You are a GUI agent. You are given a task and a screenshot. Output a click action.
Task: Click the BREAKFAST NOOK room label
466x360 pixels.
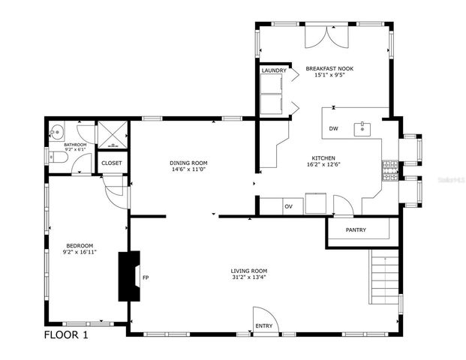coord(329,68)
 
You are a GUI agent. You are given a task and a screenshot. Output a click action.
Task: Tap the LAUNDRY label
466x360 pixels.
coord(273,70)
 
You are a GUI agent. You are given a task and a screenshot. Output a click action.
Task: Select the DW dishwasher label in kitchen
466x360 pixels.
coord(333,129)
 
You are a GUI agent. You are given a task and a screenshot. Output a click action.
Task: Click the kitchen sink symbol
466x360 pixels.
coord(364,128)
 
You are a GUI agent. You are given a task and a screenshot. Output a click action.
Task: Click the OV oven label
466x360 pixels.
coord(288,206)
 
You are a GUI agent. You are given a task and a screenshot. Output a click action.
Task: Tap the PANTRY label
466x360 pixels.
coord(356,229)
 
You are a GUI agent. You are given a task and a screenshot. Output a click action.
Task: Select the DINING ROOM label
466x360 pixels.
coord(188,162)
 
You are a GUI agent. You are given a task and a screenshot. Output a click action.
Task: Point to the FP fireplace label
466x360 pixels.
coord(146,278)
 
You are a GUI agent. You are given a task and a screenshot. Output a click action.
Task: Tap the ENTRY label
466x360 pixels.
coord(264,325)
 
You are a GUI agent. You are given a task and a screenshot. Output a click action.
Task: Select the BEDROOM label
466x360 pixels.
coord(80,245)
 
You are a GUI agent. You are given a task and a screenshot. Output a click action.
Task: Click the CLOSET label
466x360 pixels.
coord(112,163)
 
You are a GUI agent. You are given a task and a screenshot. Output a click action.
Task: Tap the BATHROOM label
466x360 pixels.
coord(75,144)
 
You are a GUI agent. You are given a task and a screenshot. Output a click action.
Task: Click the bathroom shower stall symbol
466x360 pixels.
coord(113,134)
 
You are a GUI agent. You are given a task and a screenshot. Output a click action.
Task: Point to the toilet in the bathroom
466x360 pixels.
coord(58,157)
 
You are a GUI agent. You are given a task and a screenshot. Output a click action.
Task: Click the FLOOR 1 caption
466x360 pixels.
coord(66,335)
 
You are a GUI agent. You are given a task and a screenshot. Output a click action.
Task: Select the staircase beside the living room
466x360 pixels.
coord(385,277)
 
